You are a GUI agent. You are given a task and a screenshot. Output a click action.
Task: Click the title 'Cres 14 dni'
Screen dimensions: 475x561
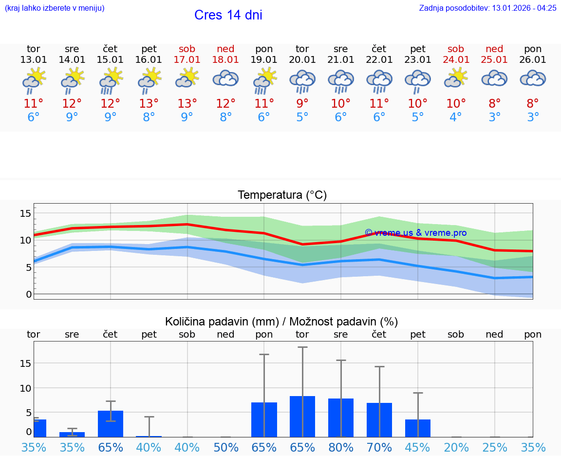point(228,15)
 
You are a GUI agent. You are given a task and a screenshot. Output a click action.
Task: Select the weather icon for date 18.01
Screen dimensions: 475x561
point(225,78)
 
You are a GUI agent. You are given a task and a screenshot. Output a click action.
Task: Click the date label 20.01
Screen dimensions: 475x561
point(302,60)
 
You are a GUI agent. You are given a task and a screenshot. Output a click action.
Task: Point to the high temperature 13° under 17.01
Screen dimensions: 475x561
point(187,103)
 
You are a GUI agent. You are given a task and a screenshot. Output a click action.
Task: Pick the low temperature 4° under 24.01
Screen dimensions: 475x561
point(456,117)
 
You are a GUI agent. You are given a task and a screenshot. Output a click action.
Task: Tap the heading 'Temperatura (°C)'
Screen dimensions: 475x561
point(282,195)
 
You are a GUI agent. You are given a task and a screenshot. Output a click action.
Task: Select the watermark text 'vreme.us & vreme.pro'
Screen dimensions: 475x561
point(416,233)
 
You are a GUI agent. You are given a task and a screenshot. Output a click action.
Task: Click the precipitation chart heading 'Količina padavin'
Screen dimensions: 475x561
point(281,322)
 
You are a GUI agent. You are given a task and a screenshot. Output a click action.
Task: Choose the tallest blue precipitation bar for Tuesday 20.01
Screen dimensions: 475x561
point(302,417)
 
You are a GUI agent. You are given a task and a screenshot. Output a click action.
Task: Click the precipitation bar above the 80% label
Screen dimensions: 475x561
point(341,418)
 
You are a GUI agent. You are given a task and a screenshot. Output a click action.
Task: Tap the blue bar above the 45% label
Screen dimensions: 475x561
point(418,428)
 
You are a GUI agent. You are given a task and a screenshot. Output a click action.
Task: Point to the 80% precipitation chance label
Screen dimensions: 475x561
point(341,447)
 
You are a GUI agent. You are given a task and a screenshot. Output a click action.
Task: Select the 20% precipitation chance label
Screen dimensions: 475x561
point(456,447)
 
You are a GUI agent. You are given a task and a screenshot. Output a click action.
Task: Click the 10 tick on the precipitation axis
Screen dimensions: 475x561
point(25,388)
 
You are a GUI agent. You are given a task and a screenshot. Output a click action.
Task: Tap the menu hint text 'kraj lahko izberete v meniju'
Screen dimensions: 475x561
point(54,8)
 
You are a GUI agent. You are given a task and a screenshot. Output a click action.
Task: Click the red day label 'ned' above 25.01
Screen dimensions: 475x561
point(494,49)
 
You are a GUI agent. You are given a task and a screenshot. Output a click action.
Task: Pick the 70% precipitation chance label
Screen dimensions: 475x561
point(379,447)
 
